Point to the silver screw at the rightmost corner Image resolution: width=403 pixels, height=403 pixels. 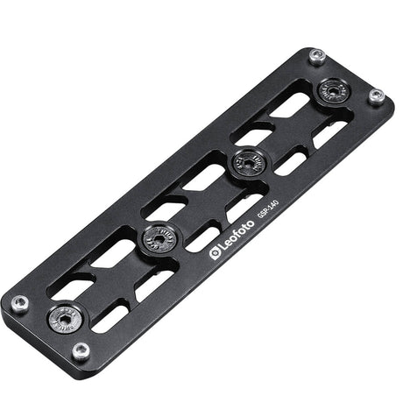[x=375, y=96]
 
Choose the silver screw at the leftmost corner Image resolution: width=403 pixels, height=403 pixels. [x=20, y=303]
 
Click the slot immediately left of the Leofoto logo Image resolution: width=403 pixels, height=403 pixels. [x=202, y=237]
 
